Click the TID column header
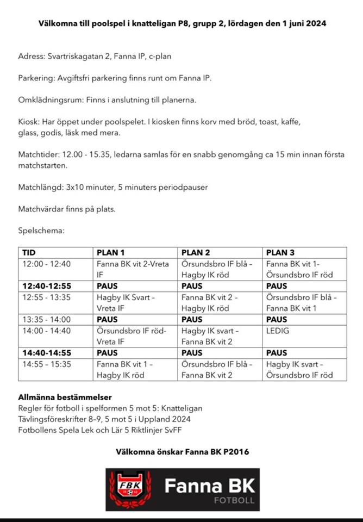coord(28,252)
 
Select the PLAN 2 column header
coord(196,252)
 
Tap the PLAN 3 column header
coord(280,252)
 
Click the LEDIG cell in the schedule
coord(279,330)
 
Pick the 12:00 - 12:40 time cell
coord(47,264)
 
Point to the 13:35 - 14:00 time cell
coord(47,319)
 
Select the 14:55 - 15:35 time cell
coord(47,364)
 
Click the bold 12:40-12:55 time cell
coord(47,285)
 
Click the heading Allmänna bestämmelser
coord(65,397)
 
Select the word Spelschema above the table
coord(41,231)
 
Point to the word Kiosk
coord(28,121)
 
